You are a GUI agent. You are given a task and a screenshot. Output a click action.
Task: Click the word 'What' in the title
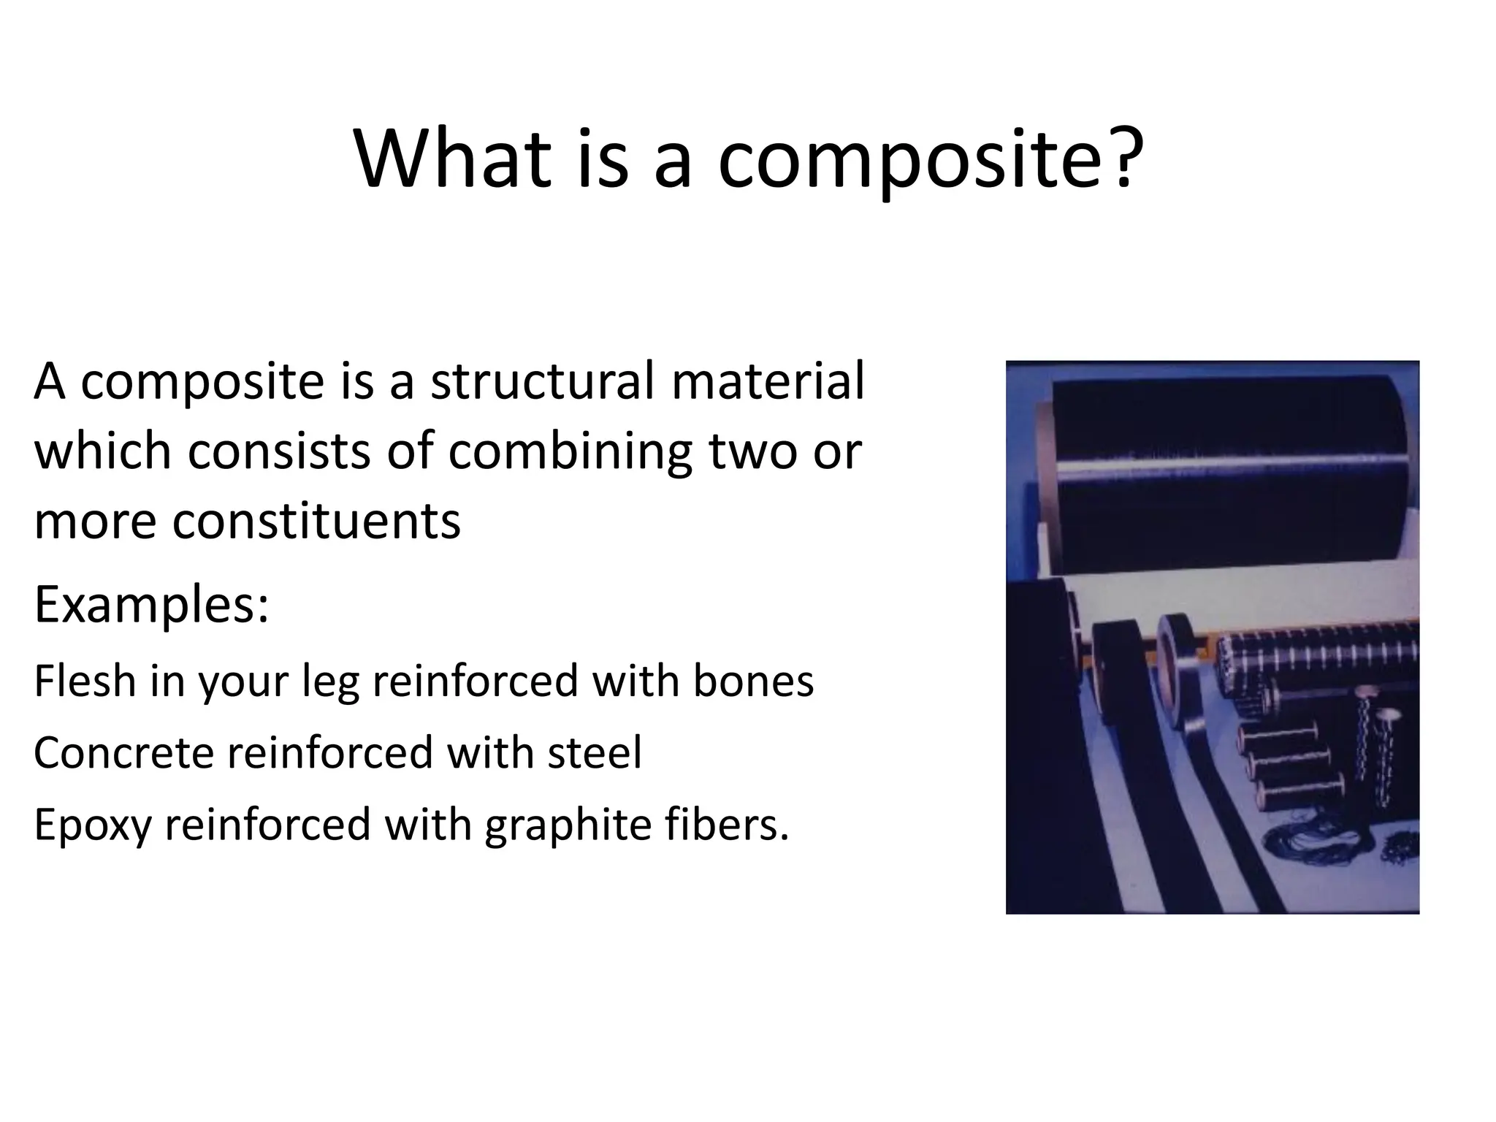[452, 159]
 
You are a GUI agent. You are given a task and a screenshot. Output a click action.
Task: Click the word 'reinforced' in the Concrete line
[330, 752]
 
